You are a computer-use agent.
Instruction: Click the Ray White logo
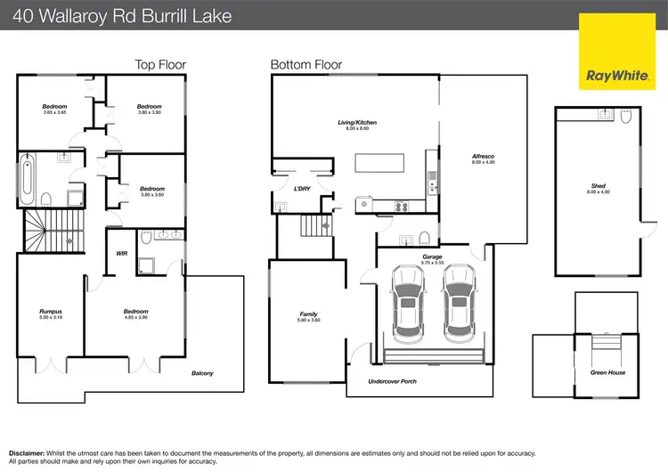[x=615, y=52]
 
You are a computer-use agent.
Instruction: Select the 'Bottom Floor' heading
[x=305, y=64]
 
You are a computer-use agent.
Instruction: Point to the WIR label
[x=122, y=253]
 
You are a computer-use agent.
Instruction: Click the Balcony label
[x=202, y=373]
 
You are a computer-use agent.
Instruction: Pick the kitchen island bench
[x=379, y=163]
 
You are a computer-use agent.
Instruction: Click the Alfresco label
[x=483, y=158]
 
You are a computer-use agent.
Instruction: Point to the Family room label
[x=308, y=314]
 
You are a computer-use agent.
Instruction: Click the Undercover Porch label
[x=393, y=381]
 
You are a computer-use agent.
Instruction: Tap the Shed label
[x=598, y=186]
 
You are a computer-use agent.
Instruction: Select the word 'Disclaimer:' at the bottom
[x=29, y=452]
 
